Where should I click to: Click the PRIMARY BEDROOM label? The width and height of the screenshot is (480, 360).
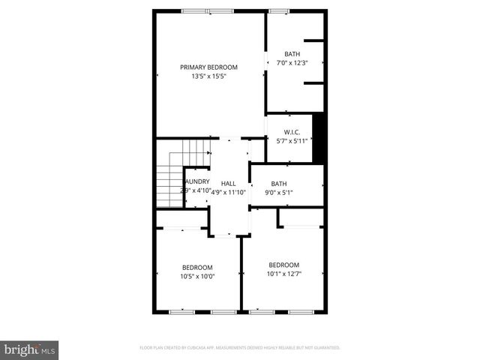click(x=208, y=67)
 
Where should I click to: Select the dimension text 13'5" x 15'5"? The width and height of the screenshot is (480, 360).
click(x=208, y=76)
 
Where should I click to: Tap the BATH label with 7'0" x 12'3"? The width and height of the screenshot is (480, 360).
click(x=292, y=53)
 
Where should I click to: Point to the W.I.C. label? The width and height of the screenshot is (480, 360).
click(x=292, y=132)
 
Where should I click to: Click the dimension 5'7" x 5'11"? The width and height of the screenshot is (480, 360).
click(x=292, y=141)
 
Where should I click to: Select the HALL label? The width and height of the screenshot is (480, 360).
click(x=228, y=183)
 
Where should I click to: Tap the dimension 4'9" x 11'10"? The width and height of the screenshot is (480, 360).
click(x=228, y=192)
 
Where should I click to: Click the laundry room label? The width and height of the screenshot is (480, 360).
click(x=197, y=181)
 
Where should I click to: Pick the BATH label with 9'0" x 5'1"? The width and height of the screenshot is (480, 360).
click(x=279, y=184)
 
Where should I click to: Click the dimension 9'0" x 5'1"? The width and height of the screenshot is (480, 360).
click(x=279, y=192)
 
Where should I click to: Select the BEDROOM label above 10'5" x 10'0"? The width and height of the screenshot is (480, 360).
click(x=197, y=267)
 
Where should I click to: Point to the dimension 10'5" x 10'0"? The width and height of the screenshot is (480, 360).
click(x=197, y=276)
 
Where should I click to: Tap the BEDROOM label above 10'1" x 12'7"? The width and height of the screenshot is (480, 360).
click(x=284, y=265)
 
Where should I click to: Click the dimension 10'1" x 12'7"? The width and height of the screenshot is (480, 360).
click(x=284, y=274)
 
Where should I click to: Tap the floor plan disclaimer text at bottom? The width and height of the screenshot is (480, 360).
click(x=240, y=348)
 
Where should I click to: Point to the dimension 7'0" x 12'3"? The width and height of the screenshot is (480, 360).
click(x=292, y=62)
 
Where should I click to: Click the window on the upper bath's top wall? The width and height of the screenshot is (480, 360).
click(x=279, y=11)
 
